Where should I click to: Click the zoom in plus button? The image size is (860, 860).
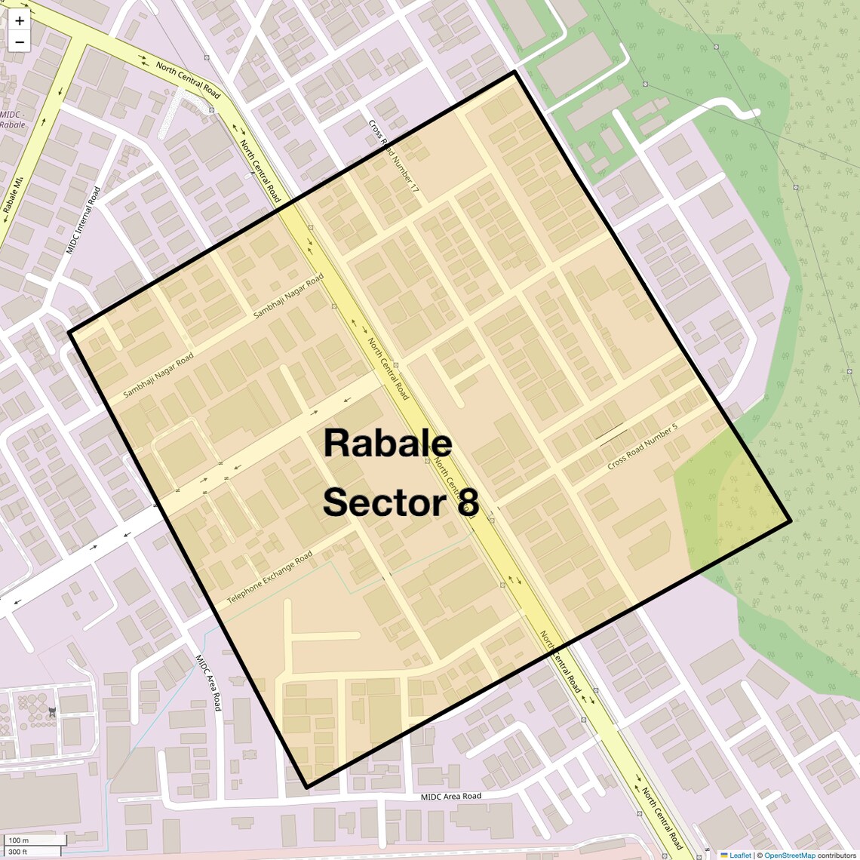20,21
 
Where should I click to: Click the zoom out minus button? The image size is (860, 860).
20,42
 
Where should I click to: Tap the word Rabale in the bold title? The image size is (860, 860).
388,443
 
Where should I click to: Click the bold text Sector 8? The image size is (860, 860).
401,502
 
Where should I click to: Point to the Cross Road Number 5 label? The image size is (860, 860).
643,447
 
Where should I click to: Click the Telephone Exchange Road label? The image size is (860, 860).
270,579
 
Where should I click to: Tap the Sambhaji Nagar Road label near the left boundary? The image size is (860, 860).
158,375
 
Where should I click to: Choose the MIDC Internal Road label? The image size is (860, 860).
83,220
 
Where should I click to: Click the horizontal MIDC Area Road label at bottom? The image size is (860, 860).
450,796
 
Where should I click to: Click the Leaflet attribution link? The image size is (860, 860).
740,855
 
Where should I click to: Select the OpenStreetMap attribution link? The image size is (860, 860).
789,855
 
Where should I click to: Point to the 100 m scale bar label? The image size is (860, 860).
19,840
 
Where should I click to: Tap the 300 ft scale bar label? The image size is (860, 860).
18,852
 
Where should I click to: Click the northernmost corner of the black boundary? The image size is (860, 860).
514,72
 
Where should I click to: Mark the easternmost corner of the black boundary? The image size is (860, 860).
790,521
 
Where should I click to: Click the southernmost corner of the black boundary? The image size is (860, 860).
307,787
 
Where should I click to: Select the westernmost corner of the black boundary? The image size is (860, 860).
69,332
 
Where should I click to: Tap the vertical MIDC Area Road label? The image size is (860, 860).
208,682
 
